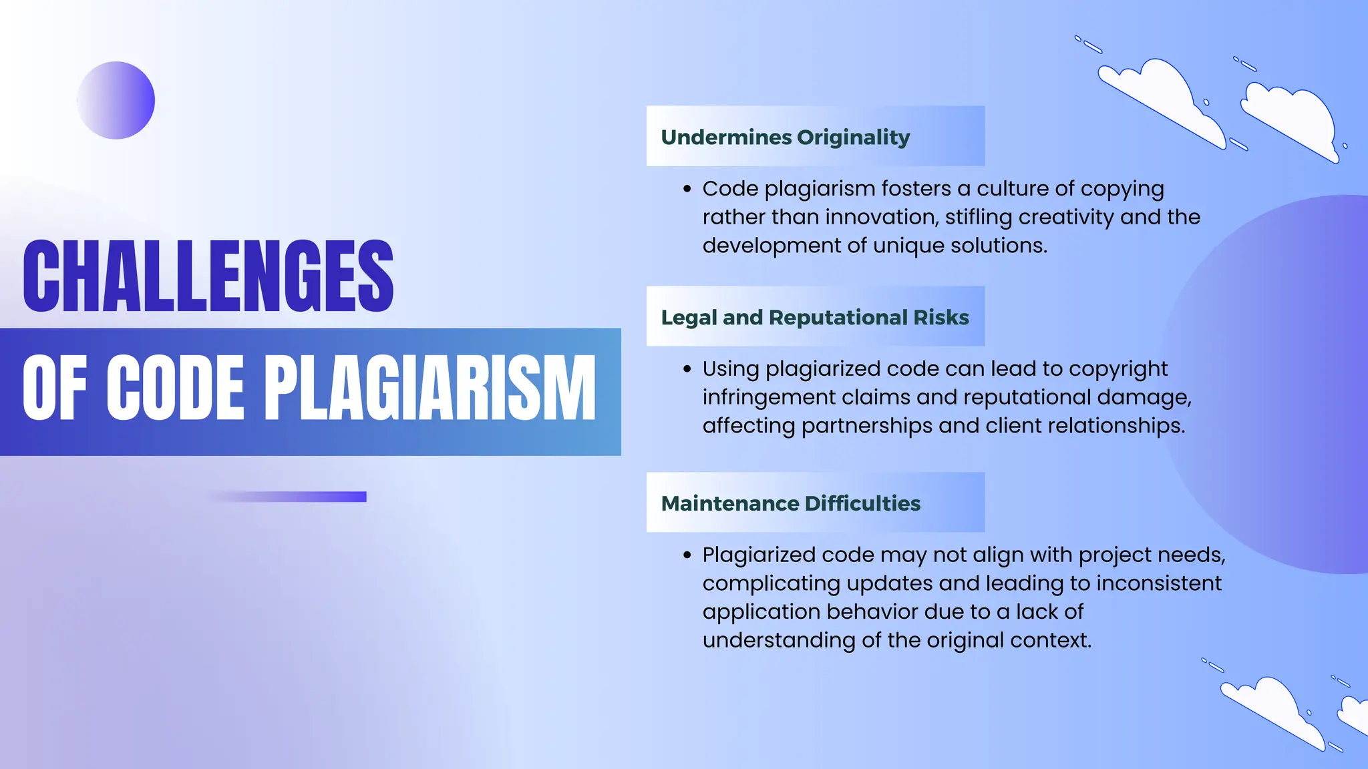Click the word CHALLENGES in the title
(x=208, y=276)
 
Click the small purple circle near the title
(x=116, y=101)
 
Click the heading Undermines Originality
(x=786, y=137)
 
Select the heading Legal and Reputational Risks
(x=815, y=317)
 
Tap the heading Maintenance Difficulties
(x=791, y=503)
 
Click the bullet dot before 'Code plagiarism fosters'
(x=687, y=190)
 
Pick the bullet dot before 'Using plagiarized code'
(x=687, y=369)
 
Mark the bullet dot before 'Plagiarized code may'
(x=687, y=555)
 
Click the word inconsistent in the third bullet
(x=1159, y=583)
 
